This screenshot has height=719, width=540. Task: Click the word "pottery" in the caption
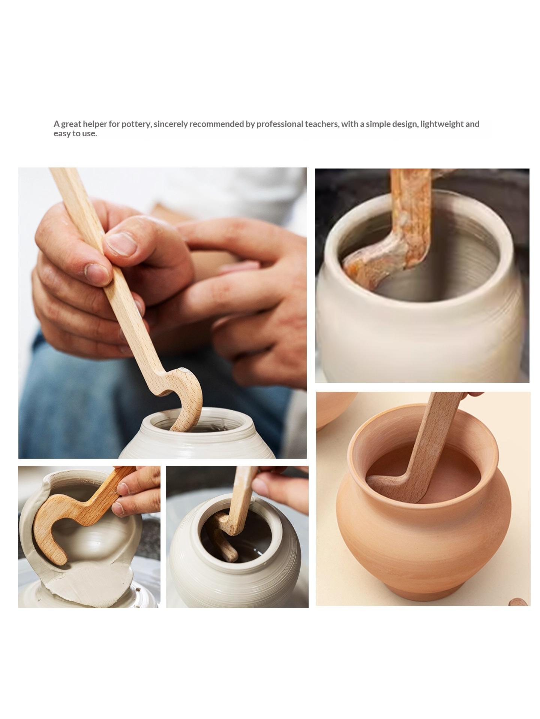coord(136,124)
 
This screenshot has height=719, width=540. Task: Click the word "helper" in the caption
coord(94,124)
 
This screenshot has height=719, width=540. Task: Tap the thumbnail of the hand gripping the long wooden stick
coord(162,313)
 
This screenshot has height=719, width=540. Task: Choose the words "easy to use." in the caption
coord(75,134)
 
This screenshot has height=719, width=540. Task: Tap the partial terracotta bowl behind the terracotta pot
coord(336,408)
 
